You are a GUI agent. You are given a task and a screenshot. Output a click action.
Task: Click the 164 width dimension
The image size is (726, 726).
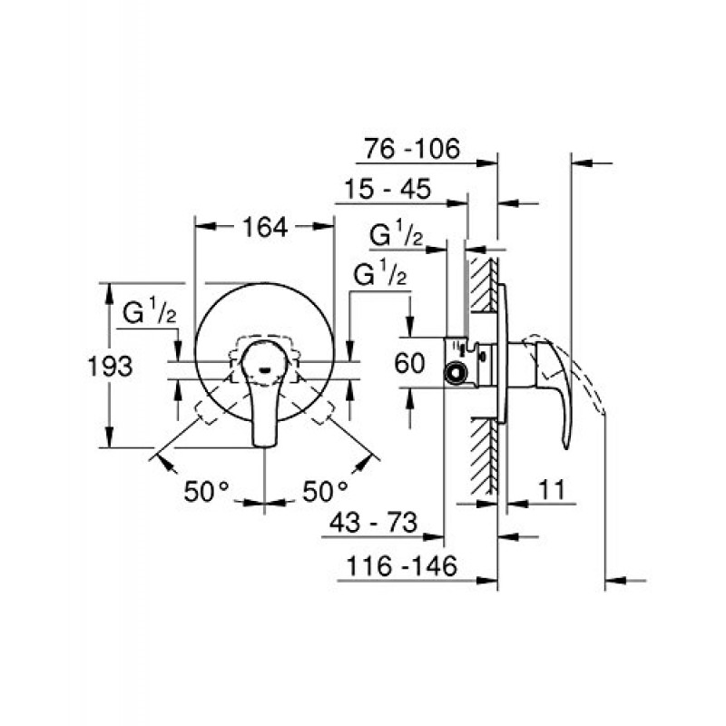tap(264, 228)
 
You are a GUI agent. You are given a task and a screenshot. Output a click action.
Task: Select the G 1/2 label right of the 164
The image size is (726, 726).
tap(379, 273)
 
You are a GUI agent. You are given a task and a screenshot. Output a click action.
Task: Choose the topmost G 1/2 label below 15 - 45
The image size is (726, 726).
tap(397, 234)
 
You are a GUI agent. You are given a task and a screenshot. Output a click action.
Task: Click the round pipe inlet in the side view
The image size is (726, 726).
tap(454, 372)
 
